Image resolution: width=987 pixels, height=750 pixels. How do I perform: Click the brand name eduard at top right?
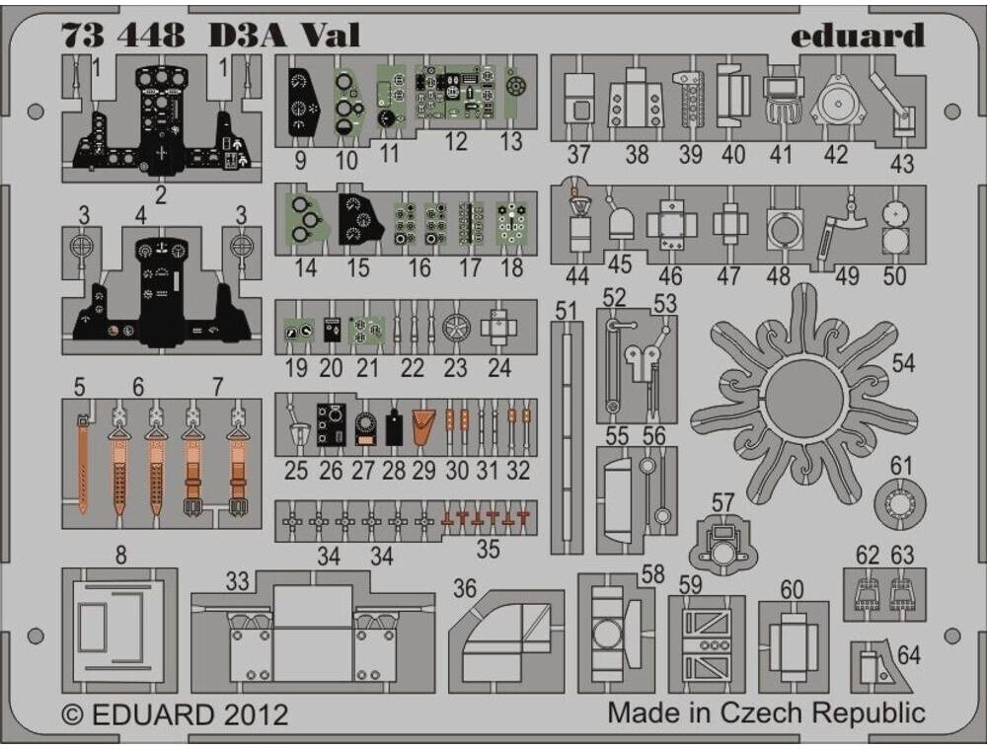pyautogui.click(x=857, y=36)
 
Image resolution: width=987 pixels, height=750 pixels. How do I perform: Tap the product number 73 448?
pyautogui.click(x=122, y=36)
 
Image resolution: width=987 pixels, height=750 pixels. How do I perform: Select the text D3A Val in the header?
pyautogui.click(x=283, y=36)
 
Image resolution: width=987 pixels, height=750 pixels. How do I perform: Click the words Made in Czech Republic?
pyautogui.click(x=766, y=712)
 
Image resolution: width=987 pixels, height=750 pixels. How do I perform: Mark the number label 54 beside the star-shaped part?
pyautogui.click(x=903, y=363)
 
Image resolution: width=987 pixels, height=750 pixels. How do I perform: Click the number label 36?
pyautogui.click(x=465, y=588)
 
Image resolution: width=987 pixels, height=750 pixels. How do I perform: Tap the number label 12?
pyautogui.click(x=455, y=142)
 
